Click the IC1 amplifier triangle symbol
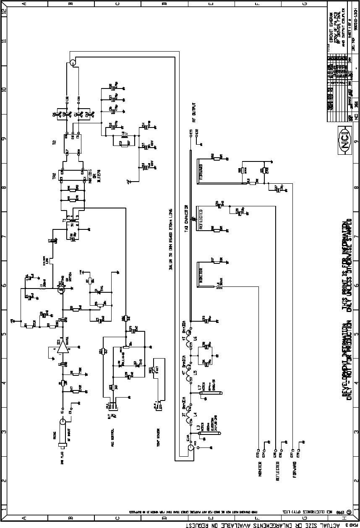(x=62, y=346)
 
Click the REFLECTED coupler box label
(x=201, y=219)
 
